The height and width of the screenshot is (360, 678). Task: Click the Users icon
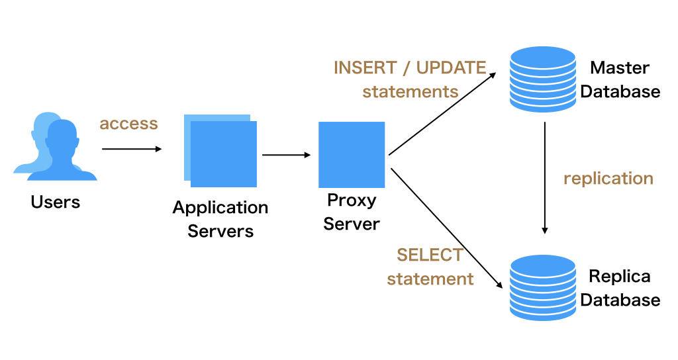(x=56, y=146)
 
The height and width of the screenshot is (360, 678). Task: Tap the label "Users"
(x=56, y=202)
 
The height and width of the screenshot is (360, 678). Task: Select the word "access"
(x=129, y=124)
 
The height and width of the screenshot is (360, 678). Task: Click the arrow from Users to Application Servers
(x=132, y=149)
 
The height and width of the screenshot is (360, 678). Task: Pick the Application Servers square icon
(x=220, y=151)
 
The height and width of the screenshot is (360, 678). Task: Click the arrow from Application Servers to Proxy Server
(x=286, y=155)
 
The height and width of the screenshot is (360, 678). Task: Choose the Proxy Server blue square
(x=352, y=155)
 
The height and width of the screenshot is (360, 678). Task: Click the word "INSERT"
(x=365, y=68)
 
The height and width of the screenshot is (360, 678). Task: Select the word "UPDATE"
(x=451, y=68)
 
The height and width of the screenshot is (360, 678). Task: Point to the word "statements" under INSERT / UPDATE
(x=411, y=91)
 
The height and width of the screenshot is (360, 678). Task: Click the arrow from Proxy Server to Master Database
(x=442, y=114)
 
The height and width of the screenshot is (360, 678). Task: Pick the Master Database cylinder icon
(x=543, y=79)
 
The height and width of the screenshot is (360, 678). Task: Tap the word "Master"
(x=620, y=68)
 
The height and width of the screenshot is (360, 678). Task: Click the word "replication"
(x=608, y=179)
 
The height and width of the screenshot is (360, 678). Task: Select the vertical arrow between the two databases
(x=545, y=178)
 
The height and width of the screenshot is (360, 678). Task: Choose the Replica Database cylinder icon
(x=543, y=288)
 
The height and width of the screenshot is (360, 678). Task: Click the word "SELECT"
(x=430, y=255)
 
